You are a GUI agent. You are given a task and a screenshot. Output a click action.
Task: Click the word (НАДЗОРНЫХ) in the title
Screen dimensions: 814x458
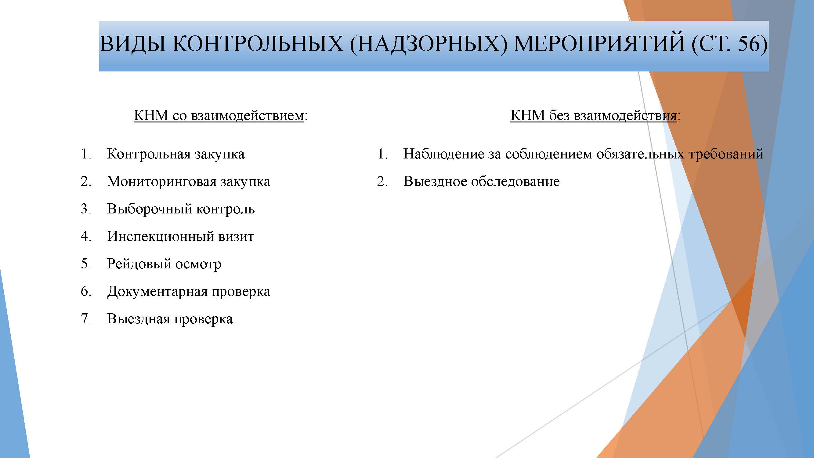[428, 44]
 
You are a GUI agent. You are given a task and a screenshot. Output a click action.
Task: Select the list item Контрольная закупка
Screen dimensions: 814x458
[176, 154]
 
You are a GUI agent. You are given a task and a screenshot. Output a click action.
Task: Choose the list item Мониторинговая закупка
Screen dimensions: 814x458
[189, 182]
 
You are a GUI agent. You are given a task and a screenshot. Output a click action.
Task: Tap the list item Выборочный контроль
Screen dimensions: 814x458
[181, 209]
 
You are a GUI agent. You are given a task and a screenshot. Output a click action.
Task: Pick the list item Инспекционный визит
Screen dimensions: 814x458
[180, 236]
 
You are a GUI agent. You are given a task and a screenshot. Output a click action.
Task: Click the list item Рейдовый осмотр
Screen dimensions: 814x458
[164, 264]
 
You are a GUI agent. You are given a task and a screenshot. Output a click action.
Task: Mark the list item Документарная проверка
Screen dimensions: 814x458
[189, 291]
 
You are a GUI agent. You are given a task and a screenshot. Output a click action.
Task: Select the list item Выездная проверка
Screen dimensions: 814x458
[170, 319]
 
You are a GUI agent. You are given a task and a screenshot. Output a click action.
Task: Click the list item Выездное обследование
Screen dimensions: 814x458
[482, 182]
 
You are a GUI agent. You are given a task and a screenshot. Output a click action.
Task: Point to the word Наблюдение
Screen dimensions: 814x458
[444, 154]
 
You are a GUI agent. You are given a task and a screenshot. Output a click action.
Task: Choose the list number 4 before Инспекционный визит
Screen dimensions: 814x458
[86, 236]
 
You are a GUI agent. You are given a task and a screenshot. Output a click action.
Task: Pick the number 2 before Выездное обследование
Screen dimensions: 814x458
[382, 181]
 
